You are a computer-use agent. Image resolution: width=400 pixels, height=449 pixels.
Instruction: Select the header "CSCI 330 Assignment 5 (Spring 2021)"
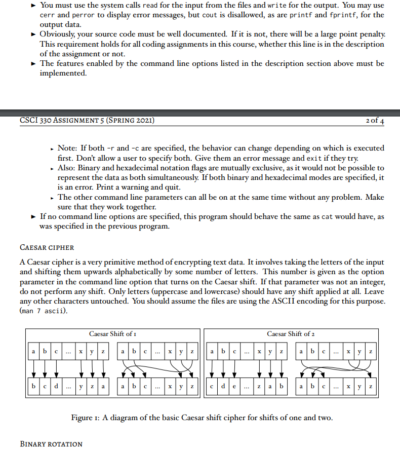point(87,120)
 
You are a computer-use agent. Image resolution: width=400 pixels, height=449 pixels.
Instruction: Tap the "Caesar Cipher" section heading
point(47,247)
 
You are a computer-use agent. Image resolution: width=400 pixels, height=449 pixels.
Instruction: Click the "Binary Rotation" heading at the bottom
point(51,444)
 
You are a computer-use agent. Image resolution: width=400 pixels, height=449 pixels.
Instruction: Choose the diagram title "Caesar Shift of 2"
point(290,333)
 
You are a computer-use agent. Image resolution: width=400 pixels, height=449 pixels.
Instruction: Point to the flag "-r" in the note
point(111,148)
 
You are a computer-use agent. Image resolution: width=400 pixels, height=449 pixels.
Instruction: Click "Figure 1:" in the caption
point(87,418)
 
